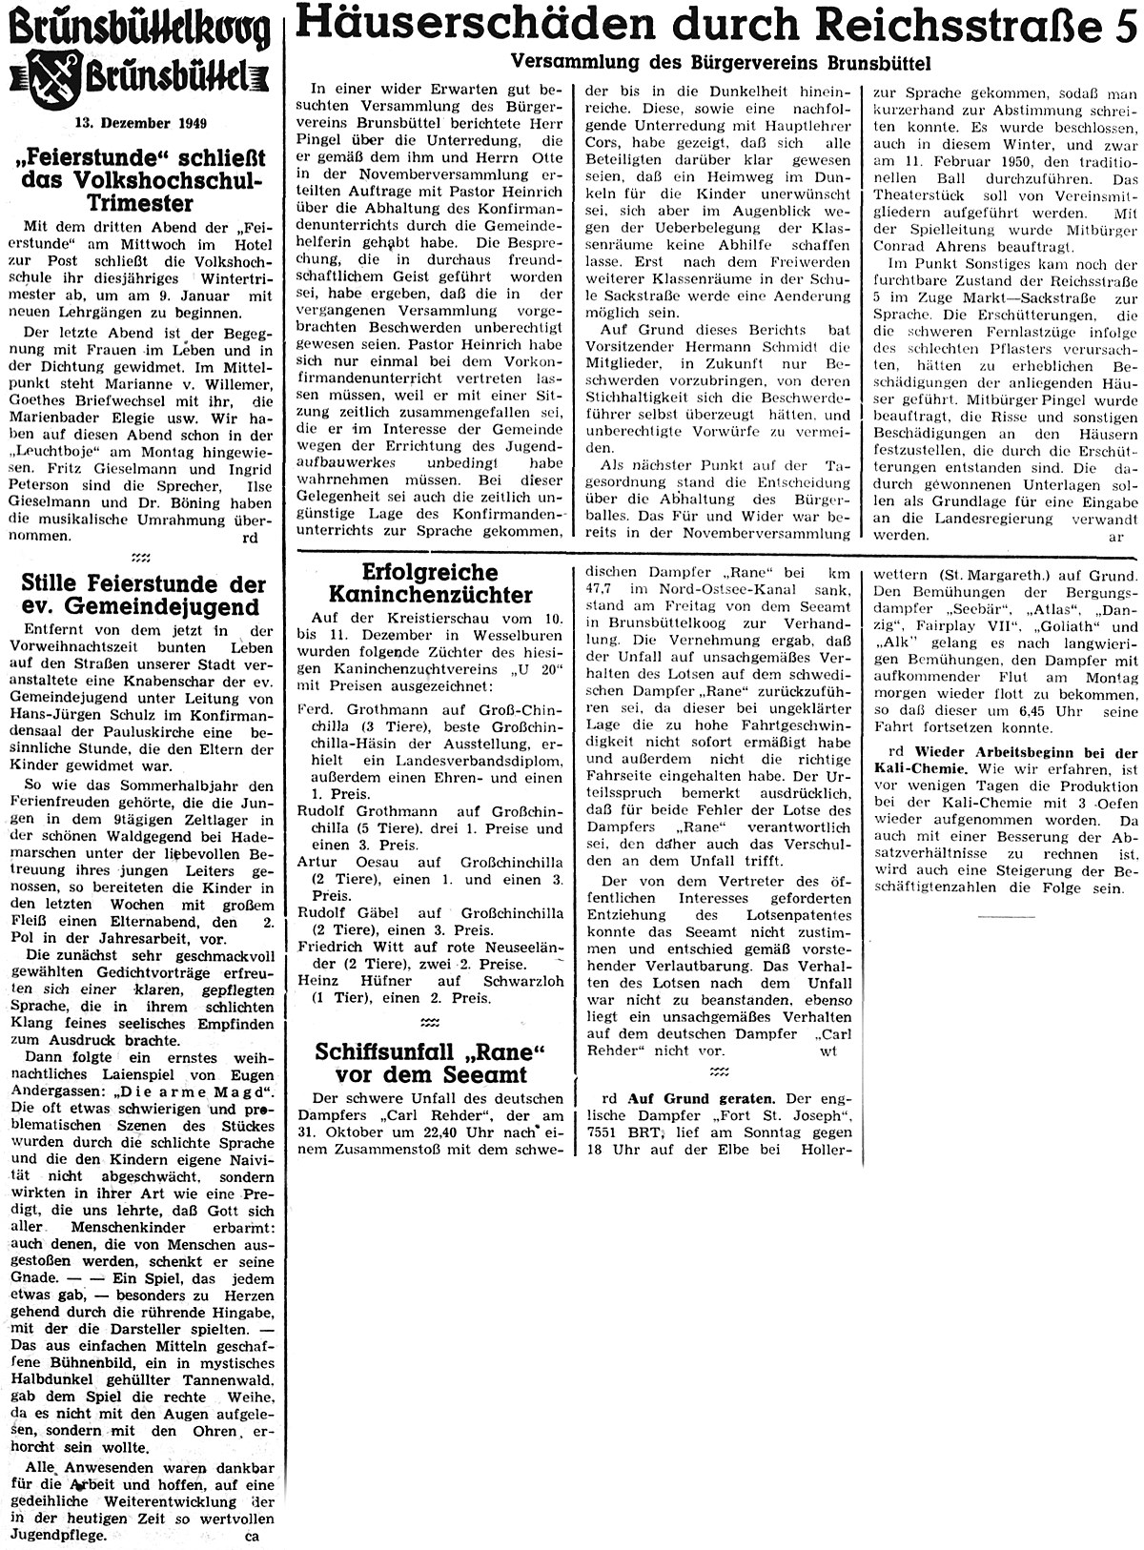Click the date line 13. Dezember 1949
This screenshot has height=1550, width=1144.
pos(143,123)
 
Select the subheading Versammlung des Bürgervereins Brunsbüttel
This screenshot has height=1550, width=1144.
pos(721,62)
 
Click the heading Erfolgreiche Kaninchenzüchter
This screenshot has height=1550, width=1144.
pos(429,584)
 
